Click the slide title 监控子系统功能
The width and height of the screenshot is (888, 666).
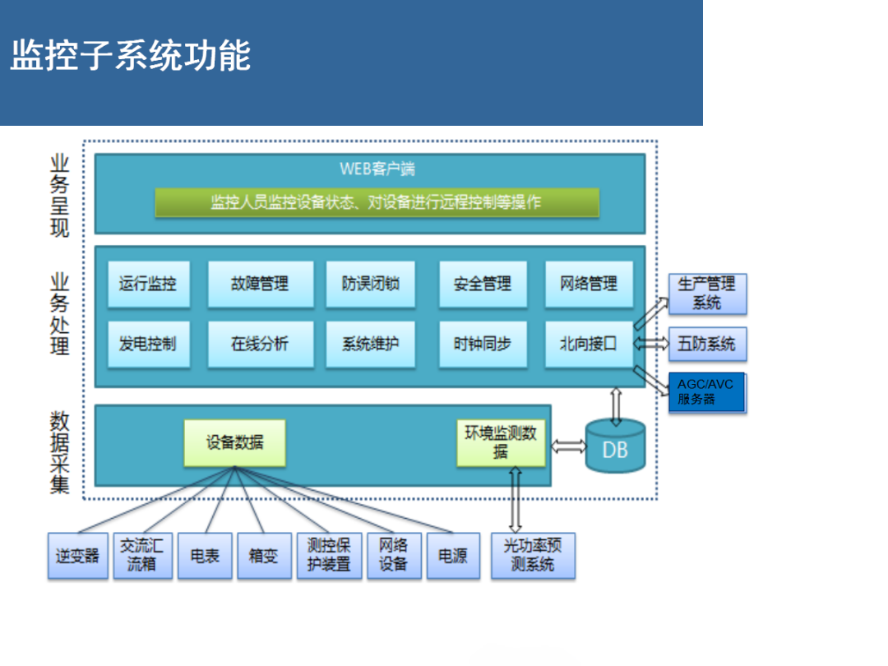click(x=130, y=56)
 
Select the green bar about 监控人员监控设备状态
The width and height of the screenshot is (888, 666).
click(x=377, y=202)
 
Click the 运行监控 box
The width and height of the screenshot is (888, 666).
click(x=148, y=284)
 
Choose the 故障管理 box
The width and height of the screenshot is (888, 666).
click(x=260, y=284)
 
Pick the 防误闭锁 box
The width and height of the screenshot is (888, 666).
click(x=370, y=284)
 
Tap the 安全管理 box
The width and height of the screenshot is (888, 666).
click(x=482, y=284)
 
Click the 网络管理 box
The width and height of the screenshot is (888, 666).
click(x=589, y=284)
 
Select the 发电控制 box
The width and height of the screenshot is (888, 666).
click(x=148, y=344)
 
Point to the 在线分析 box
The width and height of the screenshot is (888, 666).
click(x=260, y=344)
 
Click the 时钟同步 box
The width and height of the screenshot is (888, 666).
click(x=482, y=344)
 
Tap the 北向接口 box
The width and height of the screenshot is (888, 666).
click(x=589, y=344)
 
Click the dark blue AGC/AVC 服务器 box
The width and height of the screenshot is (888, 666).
click(x=706, y=392)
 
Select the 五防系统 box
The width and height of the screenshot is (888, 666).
click(x=707, y=344)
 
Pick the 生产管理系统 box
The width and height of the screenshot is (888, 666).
click(x=707, y=294)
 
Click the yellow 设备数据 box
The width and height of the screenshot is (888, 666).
click(x=234, y=442)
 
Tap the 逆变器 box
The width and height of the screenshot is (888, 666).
click(x=77, y=556)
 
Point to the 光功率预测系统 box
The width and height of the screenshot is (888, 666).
click(x=533, y=556)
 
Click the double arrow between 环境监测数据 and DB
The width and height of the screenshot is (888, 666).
click(x=567, y=446)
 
